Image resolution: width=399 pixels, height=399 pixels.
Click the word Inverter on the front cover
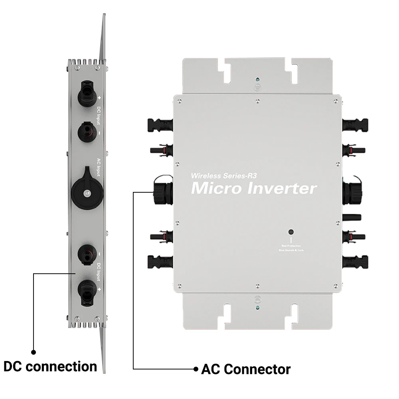(282, 188)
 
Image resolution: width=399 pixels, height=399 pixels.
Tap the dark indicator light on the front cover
(291, 232)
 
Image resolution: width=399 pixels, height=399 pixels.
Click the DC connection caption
(50, 366)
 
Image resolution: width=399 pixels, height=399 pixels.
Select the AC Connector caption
(246, 369)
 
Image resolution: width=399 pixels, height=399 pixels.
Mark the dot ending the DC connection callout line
(34, 352)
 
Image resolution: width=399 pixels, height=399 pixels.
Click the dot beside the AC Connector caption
(196, 369)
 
